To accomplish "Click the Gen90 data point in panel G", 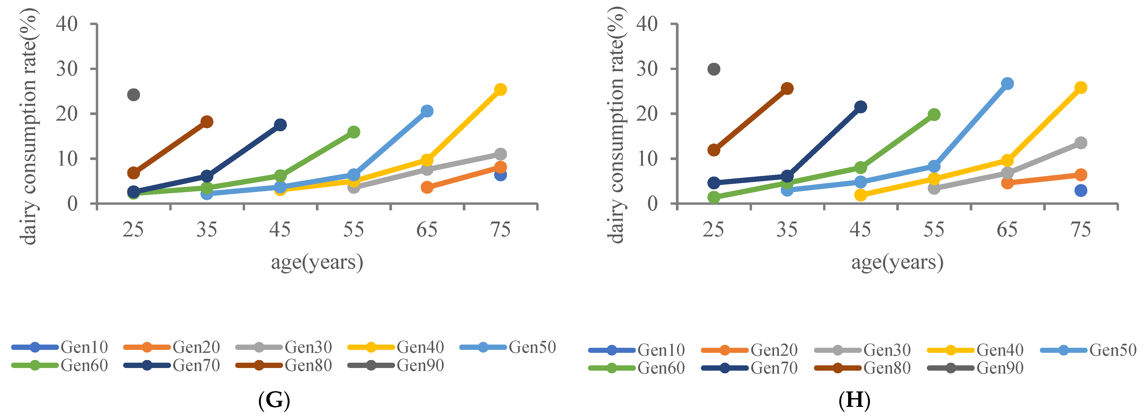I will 134,95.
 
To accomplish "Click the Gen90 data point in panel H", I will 714,69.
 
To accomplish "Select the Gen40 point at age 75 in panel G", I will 500,89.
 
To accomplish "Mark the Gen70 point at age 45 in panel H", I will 860,107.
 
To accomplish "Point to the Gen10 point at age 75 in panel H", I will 1080,190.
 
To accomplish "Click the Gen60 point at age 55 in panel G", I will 353,132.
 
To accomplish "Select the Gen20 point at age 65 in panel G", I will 427,187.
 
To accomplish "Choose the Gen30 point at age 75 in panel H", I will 1080,143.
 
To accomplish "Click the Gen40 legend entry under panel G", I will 395,347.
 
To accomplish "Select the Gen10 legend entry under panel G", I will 60,347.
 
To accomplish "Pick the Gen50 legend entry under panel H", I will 1088,350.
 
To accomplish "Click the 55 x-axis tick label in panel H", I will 934,230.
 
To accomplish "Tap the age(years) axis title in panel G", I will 317,262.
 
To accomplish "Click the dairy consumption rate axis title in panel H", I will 616,124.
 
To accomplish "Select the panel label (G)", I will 274,400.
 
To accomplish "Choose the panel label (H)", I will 854,400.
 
